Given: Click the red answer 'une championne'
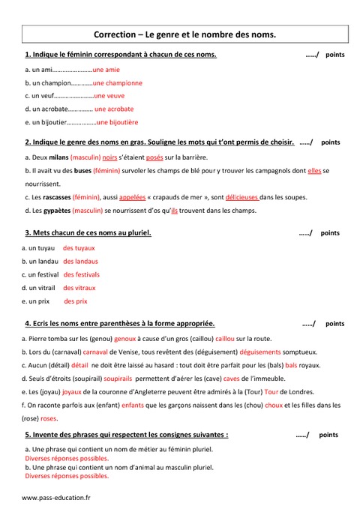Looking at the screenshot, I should pos(118,82).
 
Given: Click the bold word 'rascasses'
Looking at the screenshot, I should pos(49,196).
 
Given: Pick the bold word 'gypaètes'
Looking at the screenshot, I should pos(49,211).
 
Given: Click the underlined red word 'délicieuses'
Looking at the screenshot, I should pos(246,196).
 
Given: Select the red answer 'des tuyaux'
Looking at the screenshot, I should pos(79,247).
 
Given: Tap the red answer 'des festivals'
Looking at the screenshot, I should pos(82,274).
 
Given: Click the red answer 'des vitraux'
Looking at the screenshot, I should pos(79,287).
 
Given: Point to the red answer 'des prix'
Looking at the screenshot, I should pos(76,301).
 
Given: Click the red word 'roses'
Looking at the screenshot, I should pos(49,418).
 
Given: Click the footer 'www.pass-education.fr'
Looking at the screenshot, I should pos(56,497).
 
